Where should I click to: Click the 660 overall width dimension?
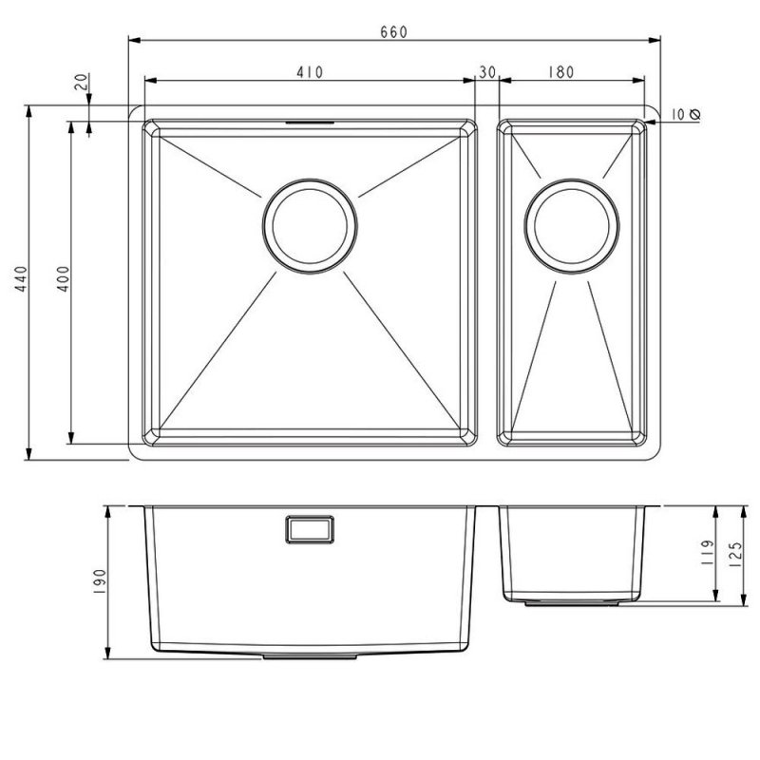tap(393, 31)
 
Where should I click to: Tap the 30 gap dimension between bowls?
tap(488, 71)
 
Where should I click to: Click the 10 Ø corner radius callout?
tap(684, 114)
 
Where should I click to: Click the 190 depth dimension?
tap(99, 579)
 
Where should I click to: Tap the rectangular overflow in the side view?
tap(309, 529)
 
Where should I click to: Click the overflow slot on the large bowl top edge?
tap(309, 122)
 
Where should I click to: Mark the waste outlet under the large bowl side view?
tap(310, 655)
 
